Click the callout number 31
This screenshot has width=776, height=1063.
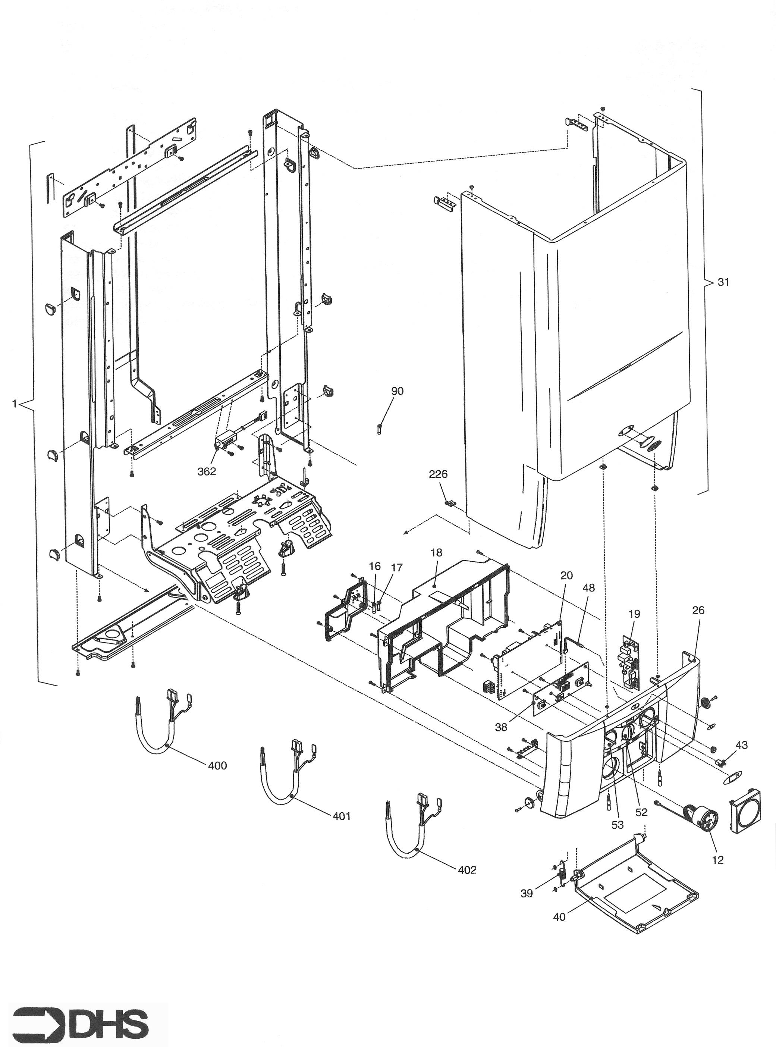pos(723,282)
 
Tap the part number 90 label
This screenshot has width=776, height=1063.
pos(397,391)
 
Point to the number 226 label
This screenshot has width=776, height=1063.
pos(438,474)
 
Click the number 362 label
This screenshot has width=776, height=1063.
pos(206,471)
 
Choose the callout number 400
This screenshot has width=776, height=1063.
pos(217,766)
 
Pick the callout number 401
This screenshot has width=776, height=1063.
pos(342,816)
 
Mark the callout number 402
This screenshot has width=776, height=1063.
pos(467,870)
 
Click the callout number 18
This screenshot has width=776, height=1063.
pos(436,553)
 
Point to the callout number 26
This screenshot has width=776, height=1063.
pos(698,611)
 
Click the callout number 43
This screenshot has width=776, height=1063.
pos(741,745)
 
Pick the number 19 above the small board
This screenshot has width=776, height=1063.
pos(634,614)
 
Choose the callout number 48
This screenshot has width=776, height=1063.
pos(588,588)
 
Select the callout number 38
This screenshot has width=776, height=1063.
pos(501,727)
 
